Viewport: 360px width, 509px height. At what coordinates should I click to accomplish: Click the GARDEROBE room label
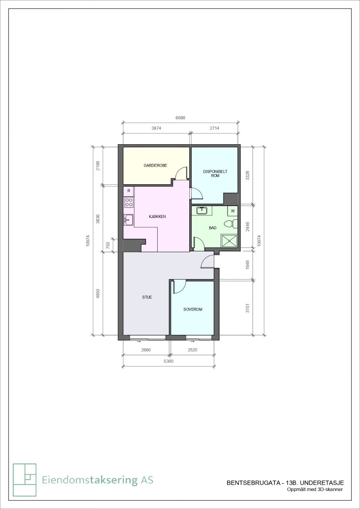pyautogui.click(x=155, y=165)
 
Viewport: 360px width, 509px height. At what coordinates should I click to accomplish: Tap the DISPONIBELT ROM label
pyautogui.click(x=215, y=174)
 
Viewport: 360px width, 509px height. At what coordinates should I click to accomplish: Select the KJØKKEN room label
pyautogui.click(x=157, y=217)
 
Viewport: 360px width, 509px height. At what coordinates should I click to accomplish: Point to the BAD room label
pyautogui.click(x=212, y=228)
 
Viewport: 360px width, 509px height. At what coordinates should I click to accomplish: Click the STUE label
pyautogui.click(x=147, y=297)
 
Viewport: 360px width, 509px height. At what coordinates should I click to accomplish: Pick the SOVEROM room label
pyautogui.click(x=193, y=309)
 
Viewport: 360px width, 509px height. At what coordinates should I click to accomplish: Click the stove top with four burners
pyautogui.click(x=129, y=202)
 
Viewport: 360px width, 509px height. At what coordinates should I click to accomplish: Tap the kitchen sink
pyautogui.click(x=129, y=220)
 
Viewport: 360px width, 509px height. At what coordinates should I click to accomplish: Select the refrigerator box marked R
pyautogui.click(x=129, y=191)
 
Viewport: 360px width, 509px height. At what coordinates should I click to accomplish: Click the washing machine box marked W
pyautogui.click(x=233, y=211)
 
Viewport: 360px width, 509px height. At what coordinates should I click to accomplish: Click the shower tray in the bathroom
pyautogui.click(x=230, y=241)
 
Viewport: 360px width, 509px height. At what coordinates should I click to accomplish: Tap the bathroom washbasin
pyautogui.click(x=202, y=210)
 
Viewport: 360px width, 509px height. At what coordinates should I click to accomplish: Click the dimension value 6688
pyautogui.click(x=180, y=118)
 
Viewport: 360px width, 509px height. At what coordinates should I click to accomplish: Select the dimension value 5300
pyautogui.click(x=169, y=361)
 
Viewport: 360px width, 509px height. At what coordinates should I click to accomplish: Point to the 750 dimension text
pyautogui.click(x=108, y=245)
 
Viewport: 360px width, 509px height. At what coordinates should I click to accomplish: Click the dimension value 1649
pyautogui.click(x=248, y=265)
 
